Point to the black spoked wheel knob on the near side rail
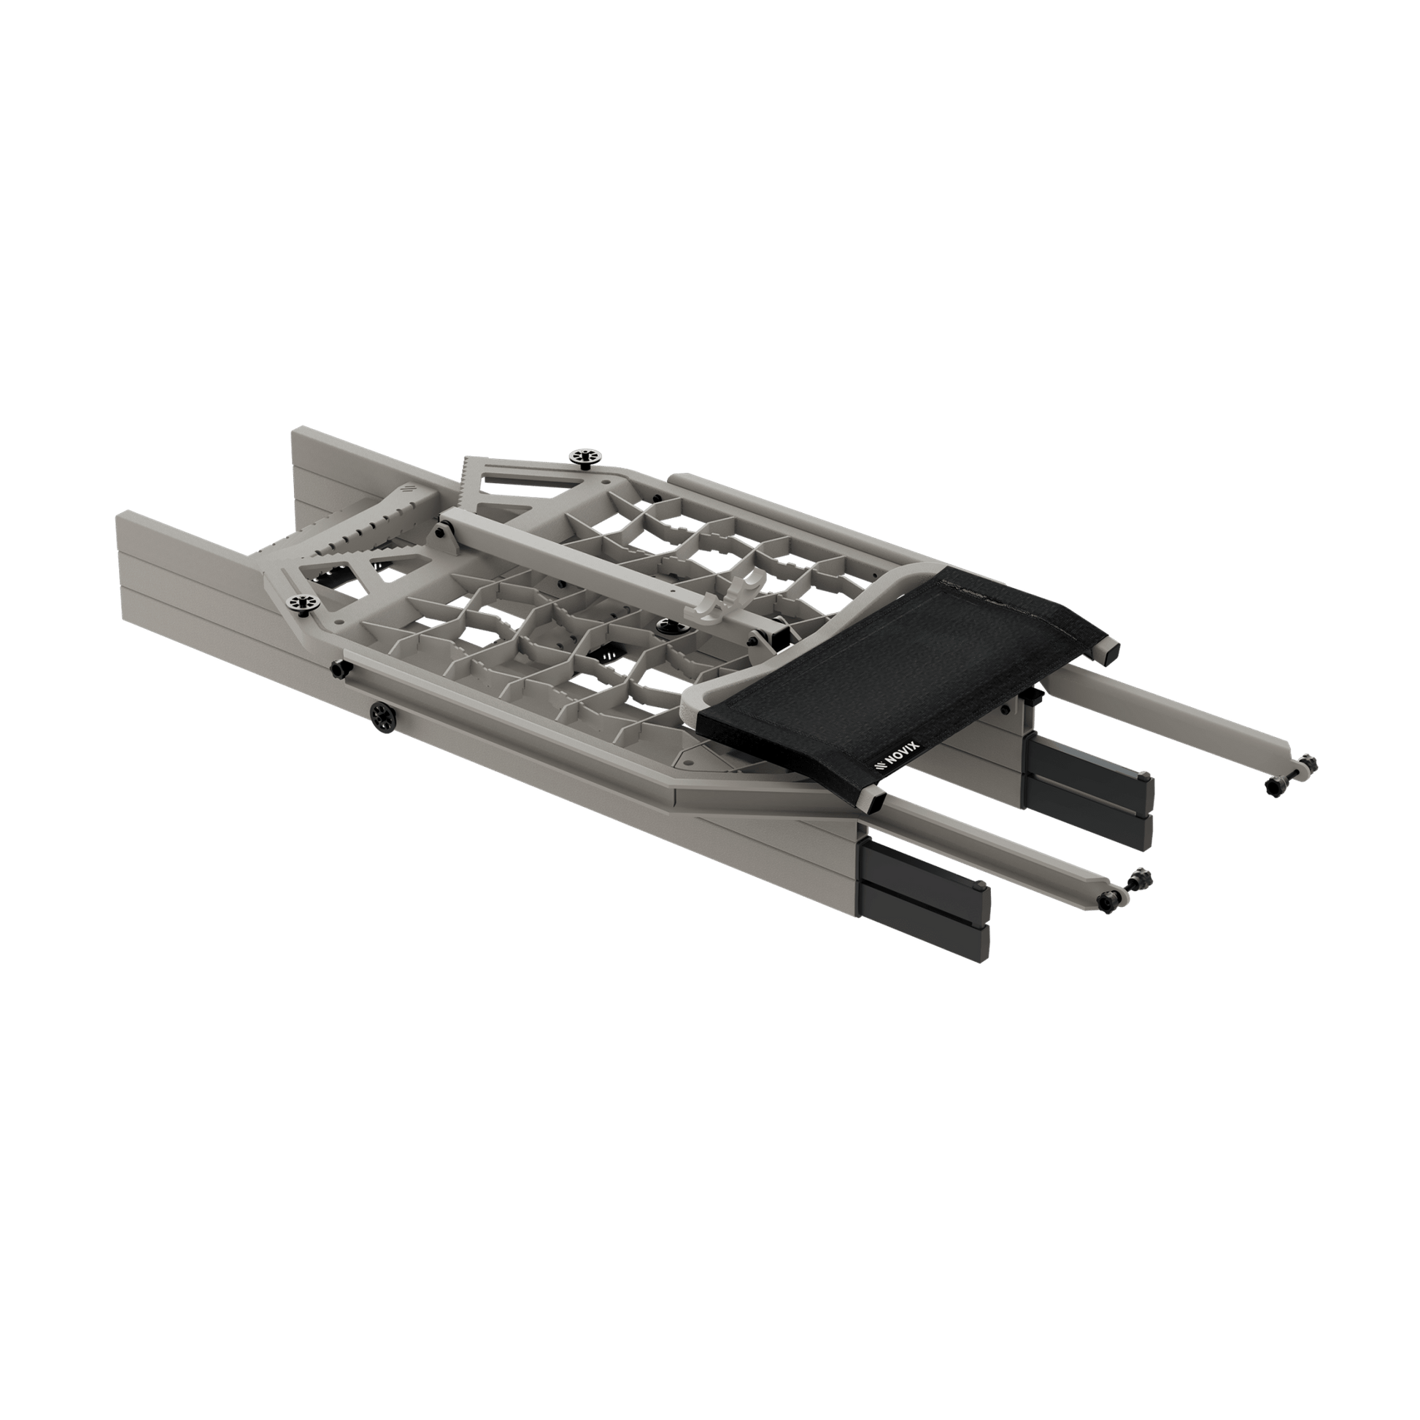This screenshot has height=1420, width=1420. pyautogui.click(x=383, y=715)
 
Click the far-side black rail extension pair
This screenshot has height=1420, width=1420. pyautogui.click(x=1088, y=791)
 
